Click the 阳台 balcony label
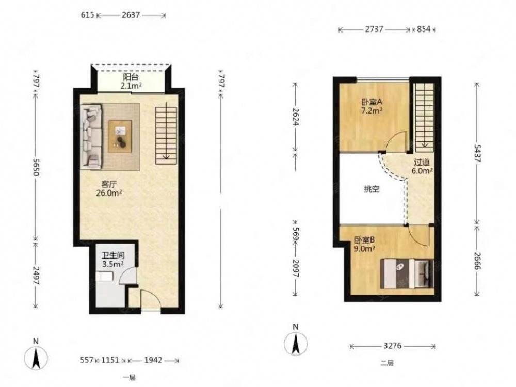131,77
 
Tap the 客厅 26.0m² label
109,188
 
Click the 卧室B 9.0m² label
365,245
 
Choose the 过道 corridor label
422,162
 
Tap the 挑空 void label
372,189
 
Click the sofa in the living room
91,137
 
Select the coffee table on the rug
120,136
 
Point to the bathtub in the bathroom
105,277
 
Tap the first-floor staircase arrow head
167,157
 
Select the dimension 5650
36,168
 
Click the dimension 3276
393,346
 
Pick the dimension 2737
374,29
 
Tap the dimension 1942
153,360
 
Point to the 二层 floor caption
387,363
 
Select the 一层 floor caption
129,378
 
